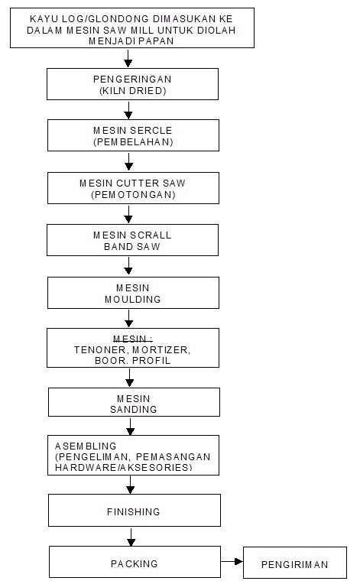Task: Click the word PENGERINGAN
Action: [132, 79]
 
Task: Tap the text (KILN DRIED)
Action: [132, 90]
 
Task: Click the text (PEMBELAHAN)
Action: [133, 142]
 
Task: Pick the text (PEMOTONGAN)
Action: [133, 194]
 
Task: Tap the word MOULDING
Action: [132, 300]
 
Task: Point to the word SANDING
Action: [133, 410]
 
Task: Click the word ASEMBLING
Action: [86, 446]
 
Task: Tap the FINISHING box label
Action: [133, 511]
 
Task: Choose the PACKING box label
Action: [134, 563]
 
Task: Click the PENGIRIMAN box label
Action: [295, 564]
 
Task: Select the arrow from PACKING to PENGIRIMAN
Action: [232, 561]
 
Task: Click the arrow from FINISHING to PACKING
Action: [131, 536]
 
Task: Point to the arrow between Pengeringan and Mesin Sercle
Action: [128, 109]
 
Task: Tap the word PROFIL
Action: [151, 361]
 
